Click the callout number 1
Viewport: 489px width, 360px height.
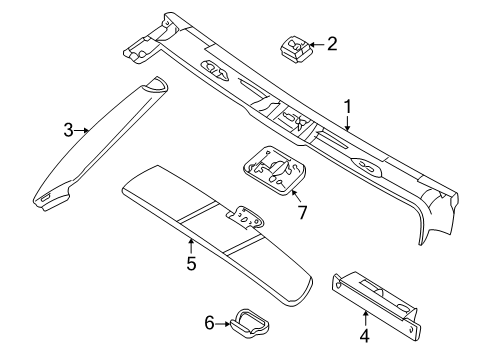click(x=348, y=105)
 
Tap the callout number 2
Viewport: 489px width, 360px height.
click(x=332, y=43)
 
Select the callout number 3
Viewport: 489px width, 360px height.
click(x=68, y=129)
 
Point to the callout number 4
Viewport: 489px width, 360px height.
click(x=364, y=337)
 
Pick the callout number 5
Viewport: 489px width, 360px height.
click(x=190, y=265)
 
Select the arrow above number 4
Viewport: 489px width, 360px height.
click(x=364, y=318)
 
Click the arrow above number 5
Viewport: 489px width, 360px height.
click(x=190, y=247)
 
